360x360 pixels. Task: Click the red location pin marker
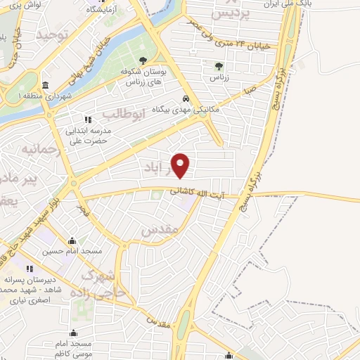pyautogui.click(x=181, y=165)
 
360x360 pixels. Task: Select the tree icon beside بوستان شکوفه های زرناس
pyautogui.click(x=143, y=60)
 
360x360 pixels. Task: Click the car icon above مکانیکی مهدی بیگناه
pyautogui.click(x=185, y=98)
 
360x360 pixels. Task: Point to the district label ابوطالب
pyautogui.click(x=124, y=113)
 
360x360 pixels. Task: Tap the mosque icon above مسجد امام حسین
pyautogui.click(x=72, y=240)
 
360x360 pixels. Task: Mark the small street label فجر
pyautogui.click(x=85, y=209)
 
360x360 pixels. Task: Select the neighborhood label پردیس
pyautogui.click(x=229, y=15)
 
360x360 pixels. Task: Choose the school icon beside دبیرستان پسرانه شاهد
pyautogui.click(x=30, y=269)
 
